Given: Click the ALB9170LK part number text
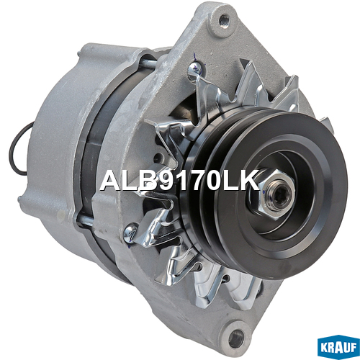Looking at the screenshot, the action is pyautogui.click(x=179, y=180).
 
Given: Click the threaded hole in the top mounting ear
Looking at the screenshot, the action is pyautogui.click(x=224, y=19).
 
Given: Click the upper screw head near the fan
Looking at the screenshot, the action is pyautogui.click(x=194, y=68).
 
